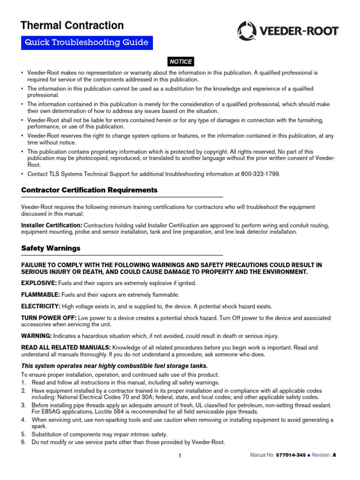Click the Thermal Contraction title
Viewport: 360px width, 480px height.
click(73, 25)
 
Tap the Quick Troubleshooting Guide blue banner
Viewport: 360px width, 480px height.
click(87, 43)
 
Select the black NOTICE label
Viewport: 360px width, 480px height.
click(180, 62)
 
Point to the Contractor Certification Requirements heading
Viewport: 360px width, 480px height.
click(90, 190)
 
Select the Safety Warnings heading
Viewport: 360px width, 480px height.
click(51, 248)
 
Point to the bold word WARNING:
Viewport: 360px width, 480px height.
click(37, 336)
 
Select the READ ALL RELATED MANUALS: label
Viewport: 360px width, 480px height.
click(66, 347)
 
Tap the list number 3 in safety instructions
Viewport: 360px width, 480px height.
click(23, 404)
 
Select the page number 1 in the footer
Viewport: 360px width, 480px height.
click(180, 456)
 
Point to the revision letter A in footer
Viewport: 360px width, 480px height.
click(335, 455)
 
